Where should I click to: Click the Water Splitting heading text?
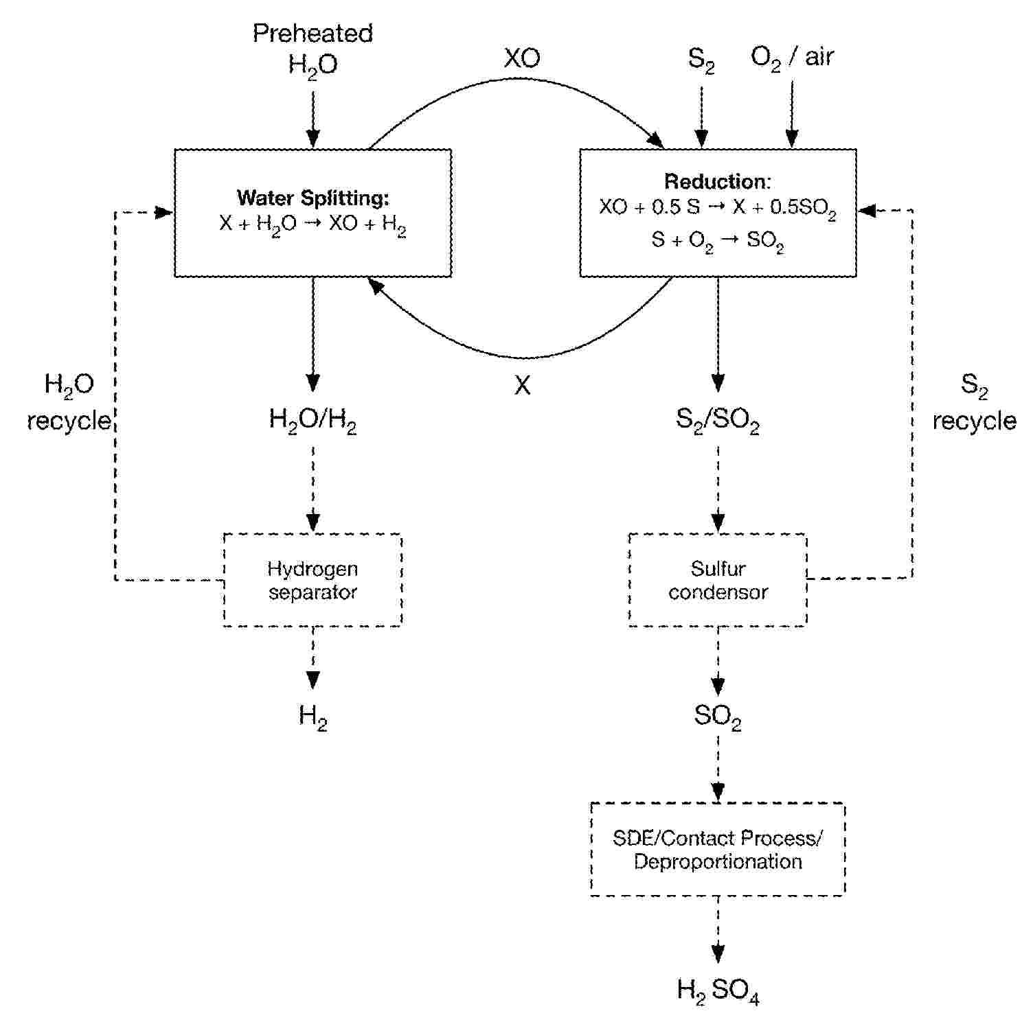pos(313,198)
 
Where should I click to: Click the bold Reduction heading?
pos(717,182)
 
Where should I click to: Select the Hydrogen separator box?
pos(313,580)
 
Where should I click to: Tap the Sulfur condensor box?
pos(718,580)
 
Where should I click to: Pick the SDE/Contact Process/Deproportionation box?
pos(718,849)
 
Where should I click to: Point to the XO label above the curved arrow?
pos(522,58)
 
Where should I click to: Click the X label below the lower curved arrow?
pos(522,386)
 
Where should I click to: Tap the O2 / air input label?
pos(792,57)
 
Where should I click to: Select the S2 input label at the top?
pos(701,60)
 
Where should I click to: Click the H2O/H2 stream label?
pos(313,420)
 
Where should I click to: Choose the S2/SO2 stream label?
pos(718,420)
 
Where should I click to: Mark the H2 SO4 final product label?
pos(718,990)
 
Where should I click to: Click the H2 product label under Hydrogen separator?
pos(313,717)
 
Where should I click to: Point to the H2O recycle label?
pos(69,402)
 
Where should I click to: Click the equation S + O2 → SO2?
pos(718,241)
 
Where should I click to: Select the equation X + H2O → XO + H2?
pos(313,225)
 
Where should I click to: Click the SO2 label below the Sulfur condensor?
pos(718,717)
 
